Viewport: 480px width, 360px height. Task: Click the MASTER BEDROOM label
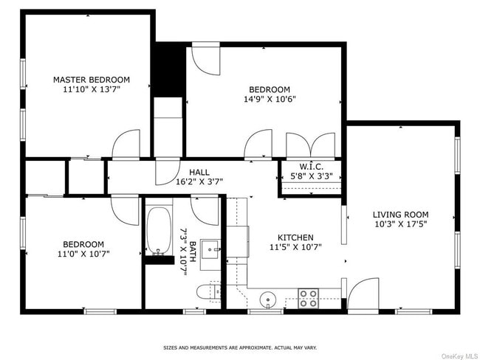92,80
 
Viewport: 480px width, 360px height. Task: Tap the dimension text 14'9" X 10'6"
270,99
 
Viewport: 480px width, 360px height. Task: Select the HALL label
199,172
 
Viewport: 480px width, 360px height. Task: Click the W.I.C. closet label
311,167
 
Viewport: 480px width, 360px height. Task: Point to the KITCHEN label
295,238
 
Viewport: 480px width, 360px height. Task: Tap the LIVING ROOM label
400,215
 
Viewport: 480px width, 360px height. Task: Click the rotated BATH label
193,252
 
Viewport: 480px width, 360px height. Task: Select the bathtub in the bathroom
159,231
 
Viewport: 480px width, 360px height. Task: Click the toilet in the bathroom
208,292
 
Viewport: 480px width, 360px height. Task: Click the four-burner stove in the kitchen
308,299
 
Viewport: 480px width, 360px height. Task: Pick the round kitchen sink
268,300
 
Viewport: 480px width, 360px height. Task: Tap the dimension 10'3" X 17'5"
400,224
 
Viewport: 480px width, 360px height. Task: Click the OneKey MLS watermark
459,356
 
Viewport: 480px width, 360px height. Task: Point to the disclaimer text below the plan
240,347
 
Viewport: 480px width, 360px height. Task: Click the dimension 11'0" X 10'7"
83,254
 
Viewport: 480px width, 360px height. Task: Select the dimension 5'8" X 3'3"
312,176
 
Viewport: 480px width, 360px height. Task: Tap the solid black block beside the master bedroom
169,69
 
